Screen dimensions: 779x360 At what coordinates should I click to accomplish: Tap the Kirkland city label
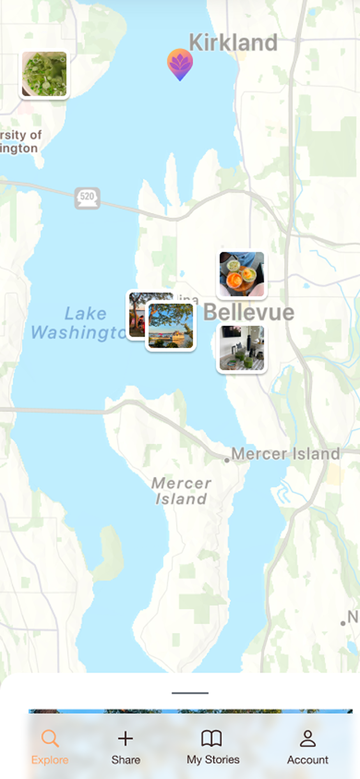click(233, 42)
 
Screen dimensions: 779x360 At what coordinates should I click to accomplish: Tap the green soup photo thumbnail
click(44, 74)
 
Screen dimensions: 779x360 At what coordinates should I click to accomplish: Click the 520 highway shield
click(87, 197)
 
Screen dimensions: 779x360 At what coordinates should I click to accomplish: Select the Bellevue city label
click(249, 312)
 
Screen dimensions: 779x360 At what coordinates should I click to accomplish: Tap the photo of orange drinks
click(242, 274)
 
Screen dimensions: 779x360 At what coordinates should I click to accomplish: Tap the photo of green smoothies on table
click(242, 348)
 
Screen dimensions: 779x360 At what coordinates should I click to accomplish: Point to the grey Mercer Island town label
click(286, 454)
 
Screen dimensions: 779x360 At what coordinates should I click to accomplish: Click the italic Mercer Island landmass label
click(181, 491)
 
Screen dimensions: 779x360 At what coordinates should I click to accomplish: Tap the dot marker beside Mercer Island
click(227, 460)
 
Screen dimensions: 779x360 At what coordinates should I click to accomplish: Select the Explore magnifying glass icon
click(50, 738)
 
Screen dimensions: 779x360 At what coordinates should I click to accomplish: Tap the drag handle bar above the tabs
click(190, 693)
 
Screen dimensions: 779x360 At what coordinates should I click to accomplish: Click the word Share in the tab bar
click(125, 760)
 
